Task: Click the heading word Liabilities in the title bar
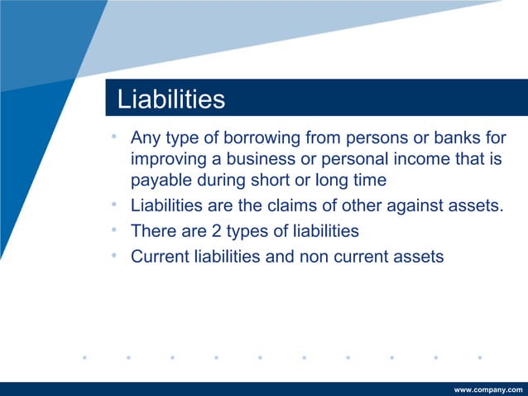pos(171,99)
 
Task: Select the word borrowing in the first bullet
pos(260,138)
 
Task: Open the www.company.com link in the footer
pos(488,389)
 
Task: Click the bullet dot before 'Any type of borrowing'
pos(113,136)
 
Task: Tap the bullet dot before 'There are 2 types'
pos(113,229)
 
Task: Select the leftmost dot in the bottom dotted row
pos(84,358)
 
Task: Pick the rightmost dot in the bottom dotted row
pos(480,358)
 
